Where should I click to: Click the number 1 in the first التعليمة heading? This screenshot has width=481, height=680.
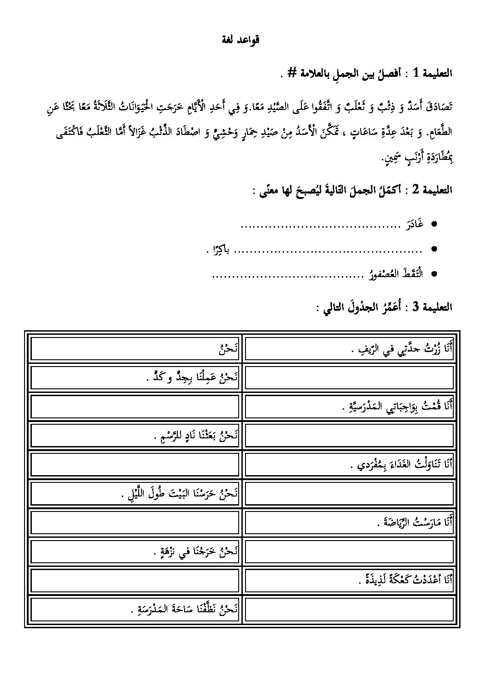tap(416, 73)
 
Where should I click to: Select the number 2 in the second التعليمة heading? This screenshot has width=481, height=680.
tap(416, 191)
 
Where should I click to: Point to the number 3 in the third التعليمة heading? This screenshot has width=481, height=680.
tap(416, 307)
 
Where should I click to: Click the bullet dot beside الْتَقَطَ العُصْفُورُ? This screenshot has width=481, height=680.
tap(434, 274)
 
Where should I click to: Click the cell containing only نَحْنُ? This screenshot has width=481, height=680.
tap(135, 348)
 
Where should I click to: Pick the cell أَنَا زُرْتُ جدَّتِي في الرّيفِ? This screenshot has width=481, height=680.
tap(349, 348)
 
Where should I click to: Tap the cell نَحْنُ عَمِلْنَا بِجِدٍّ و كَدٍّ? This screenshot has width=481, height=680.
tap(135, 377)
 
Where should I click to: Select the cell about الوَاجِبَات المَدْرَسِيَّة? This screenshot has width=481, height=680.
tap(349, 406)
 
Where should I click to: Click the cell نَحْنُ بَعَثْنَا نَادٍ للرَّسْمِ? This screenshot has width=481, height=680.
tap(135, 435)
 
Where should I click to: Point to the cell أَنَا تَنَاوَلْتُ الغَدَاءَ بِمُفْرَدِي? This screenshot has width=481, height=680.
tap(349, 464)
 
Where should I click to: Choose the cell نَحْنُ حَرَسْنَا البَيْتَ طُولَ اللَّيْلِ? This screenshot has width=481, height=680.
tap(135, 493)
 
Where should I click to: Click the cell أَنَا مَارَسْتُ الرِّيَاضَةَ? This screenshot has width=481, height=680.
tap(349, 522)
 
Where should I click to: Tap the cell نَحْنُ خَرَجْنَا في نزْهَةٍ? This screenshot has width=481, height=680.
tap(135, 551)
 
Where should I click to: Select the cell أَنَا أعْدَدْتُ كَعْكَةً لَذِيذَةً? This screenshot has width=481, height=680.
tap(349, 580)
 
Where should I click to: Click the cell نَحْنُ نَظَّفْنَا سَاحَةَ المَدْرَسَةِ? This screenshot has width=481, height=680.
tap(135, 609)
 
